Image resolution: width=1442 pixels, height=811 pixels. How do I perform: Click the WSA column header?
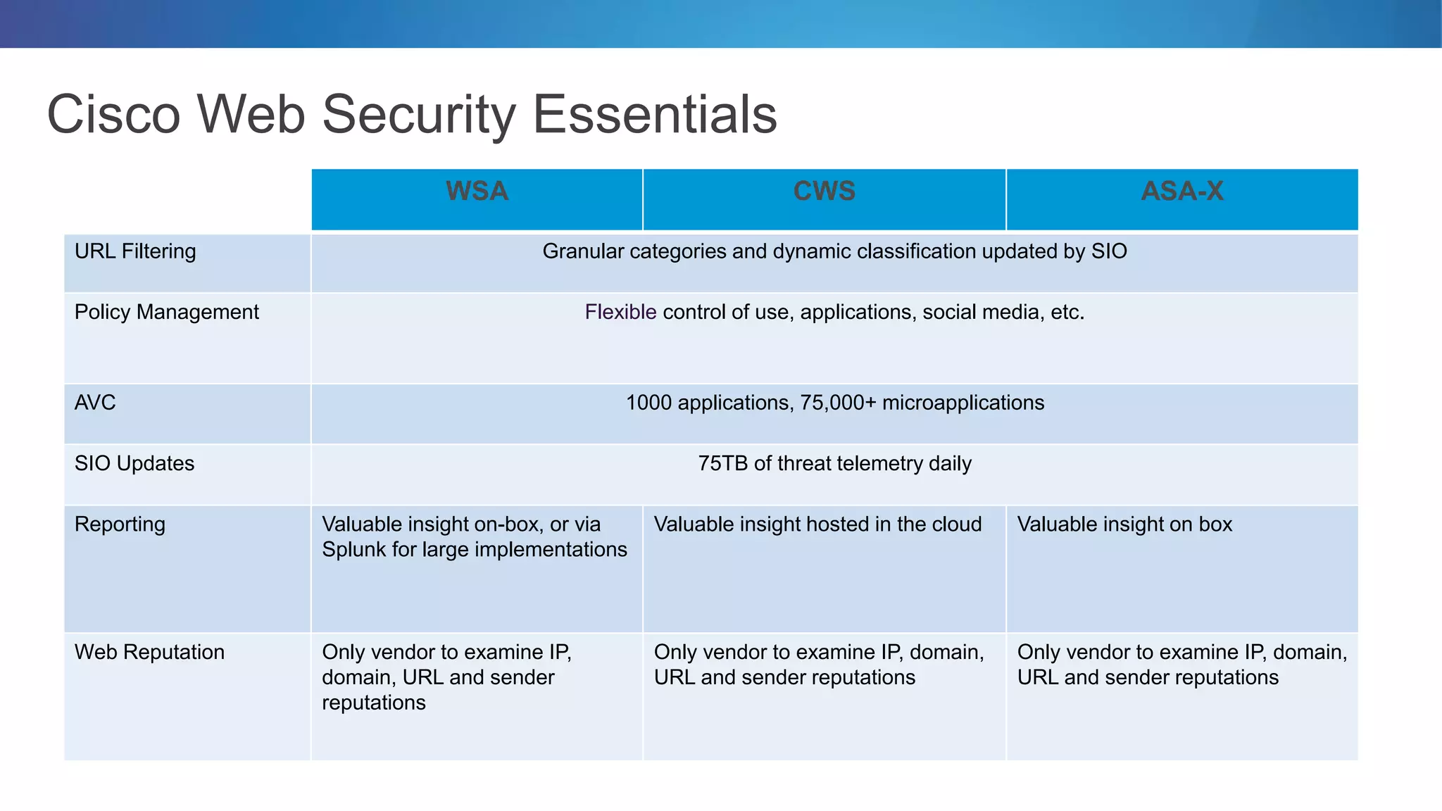[477, 191]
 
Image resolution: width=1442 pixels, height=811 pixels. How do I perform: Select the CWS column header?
[824, 191]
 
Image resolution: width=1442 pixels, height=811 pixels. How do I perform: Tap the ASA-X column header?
[1182, 191]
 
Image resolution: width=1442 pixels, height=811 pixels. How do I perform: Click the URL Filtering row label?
[135, 251]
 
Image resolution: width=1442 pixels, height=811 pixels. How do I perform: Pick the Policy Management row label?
[167, 312]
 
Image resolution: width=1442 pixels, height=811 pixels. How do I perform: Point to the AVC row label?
[95, 403]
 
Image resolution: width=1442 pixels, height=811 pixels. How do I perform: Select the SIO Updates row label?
[134, 463]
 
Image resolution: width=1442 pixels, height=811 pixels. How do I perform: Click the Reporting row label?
[120, 524]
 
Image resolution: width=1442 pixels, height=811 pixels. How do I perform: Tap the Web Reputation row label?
[149, 652]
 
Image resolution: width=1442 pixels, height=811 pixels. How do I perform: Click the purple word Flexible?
[620, 312]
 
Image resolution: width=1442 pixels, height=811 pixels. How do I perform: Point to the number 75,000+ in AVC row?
[838, 403]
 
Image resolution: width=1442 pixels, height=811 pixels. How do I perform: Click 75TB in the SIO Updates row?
[722, 463]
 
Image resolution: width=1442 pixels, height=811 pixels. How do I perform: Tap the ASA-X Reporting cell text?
[1124, 524]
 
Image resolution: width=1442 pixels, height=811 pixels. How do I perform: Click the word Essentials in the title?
[655, 114]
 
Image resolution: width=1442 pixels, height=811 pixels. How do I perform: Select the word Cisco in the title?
[113, 114]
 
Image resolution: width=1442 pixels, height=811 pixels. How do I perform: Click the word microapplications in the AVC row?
[963, 403]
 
